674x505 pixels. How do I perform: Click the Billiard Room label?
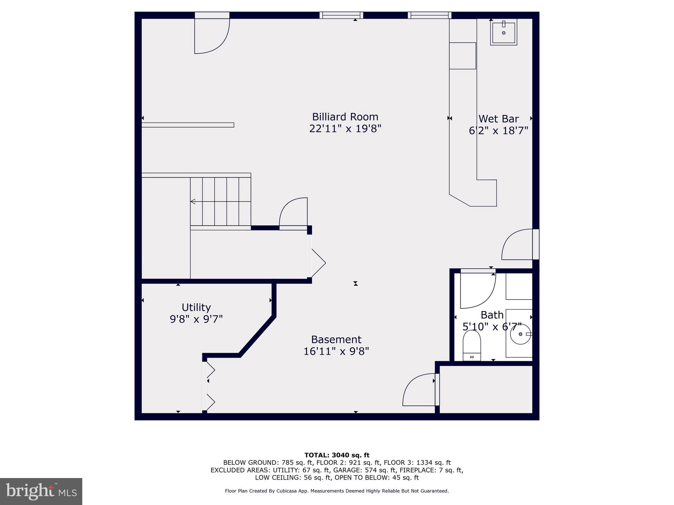pyautogui.click(x=345, y=117)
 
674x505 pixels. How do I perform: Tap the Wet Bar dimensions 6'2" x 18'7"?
pyautogui.click(x=498, y=131)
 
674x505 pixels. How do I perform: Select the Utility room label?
pyautogui.click(x=196, y=307)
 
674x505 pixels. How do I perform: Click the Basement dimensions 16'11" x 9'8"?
pyautogui.click(x=336, y=351)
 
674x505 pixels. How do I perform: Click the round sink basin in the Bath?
pyautogui.click(x=520, y=334)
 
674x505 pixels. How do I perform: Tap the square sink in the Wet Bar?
pyautogui.click(x=504, y=32)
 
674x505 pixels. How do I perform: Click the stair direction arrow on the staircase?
pyautogui.click(x=193, y=202)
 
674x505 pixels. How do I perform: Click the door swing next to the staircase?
pyautogui.click(x=294, y=212)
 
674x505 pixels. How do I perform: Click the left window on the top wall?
pyautogui.click(x=341, y=15)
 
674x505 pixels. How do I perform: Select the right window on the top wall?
pyautogui.click(x=429, y=15)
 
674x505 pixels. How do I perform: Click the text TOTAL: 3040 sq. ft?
pyautogui.click(x=337, y=455)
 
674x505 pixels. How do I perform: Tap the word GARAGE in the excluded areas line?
pyautogui.click(x=351, y=470)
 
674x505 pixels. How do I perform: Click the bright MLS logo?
pyautogui.click(x=41, y=492)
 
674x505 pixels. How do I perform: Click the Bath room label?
pyautogui.click(x=492, y=315)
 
